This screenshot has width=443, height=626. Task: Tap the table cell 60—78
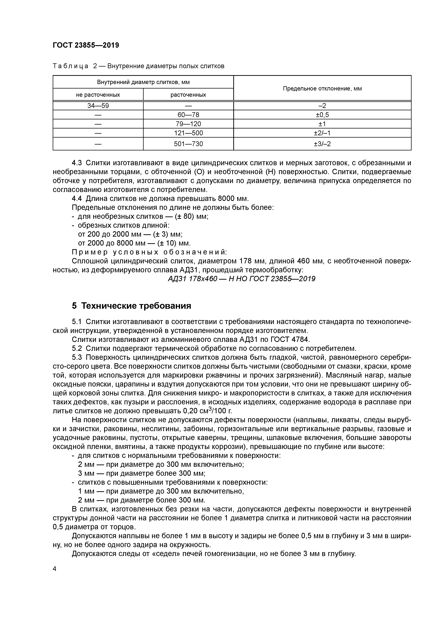188,115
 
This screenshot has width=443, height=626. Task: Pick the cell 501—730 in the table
188,144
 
